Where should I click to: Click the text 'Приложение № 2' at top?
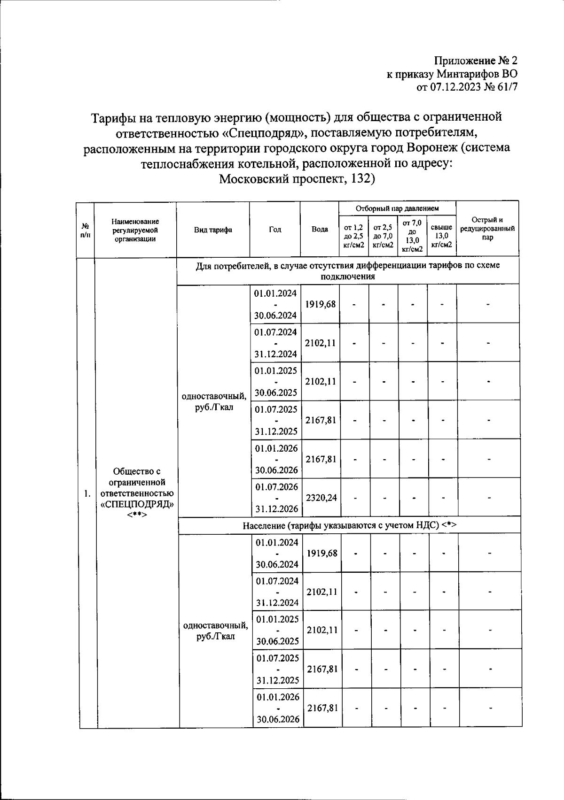pyautogui.click(x=475, y=61)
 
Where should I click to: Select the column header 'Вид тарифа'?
pyautogui.click(x=213, y=230)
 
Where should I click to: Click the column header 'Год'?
pyautogui.click(x=275, y=230)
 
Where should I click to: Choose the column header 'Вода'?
pyautogui.click(x=320, y=230)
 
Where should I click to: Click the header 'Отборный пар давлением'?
pyautogui.click(x=397, y=208)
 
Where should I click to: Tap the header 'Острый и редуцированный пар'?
pyautogui.click(x=487, y=229)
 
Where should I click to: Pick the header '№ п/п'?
pyautogui.click(x=85, y=230)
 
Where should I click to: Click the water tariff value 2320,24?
pyautogui.click(x=321, y=498)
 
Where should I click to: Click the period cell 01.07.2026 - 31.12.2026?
pyautogui.click(x=276, y=498)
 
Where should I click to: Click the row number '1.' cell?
pyautogui.click(x=87, y=493)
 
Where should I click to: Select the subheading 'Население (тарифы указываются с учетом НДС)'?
pyautogui.click(x=350, y=525)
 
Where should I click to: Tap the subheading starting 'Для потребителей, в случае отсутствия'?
pyautogui.click(x=348, y=270)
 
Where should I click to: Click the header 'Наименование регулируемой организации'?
pyautogui.click(x=135, y=230)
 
